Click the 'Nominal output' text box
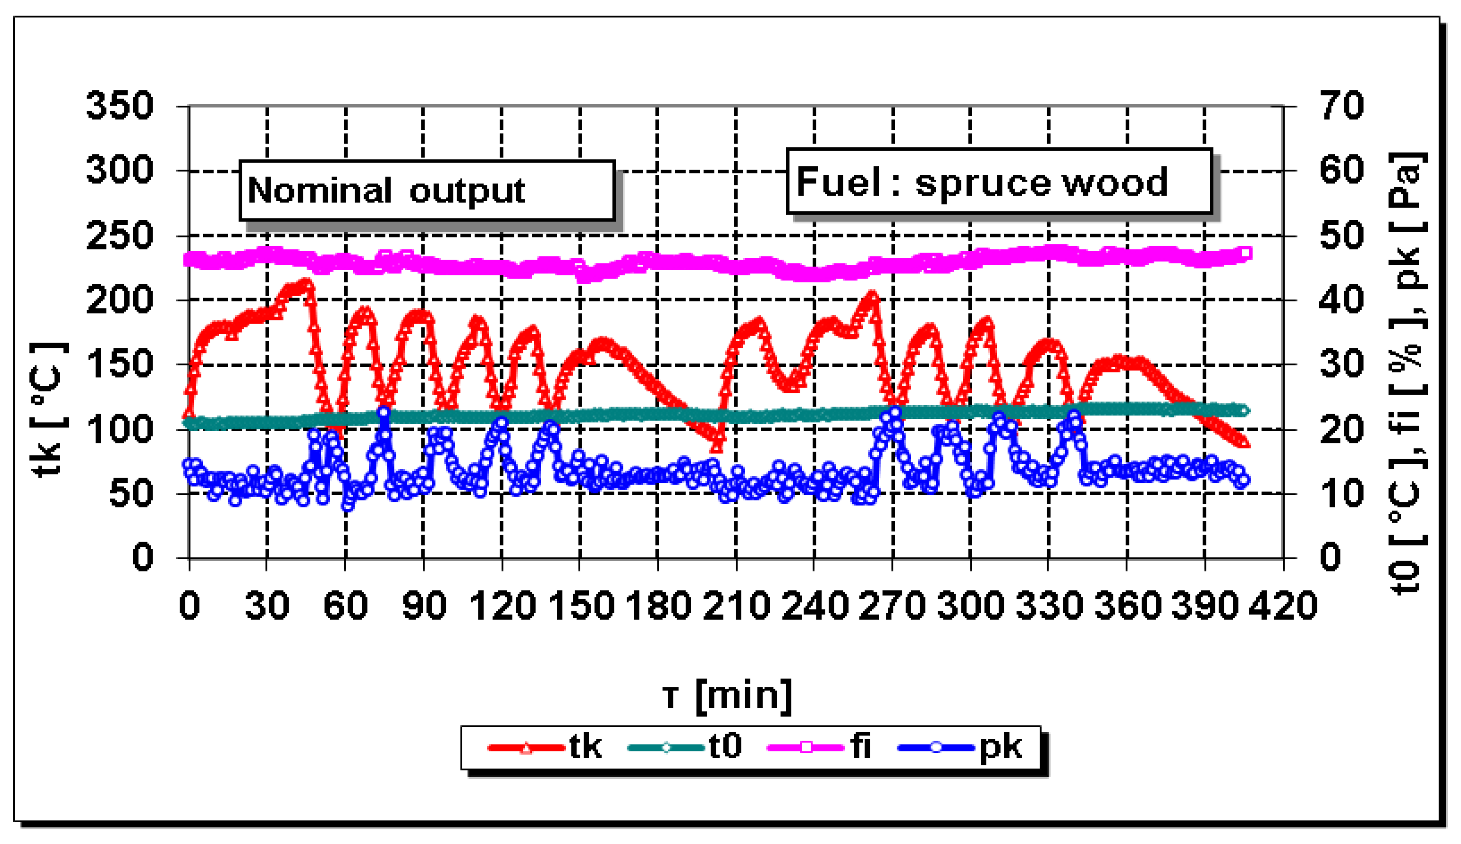427,190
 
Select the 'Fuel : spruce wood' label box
998,182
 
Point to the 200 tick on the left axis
119,300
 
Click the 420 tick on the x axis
1282,606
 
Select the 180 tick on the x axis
658,606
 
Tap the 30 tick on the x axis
267,606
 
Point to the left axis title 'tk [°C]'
49,410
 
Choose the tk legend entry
545,747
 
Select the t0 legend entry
684,747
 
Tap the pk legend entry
959,747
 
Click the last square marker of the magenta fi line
1245,254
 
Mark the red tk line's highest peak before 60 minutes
306,284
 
